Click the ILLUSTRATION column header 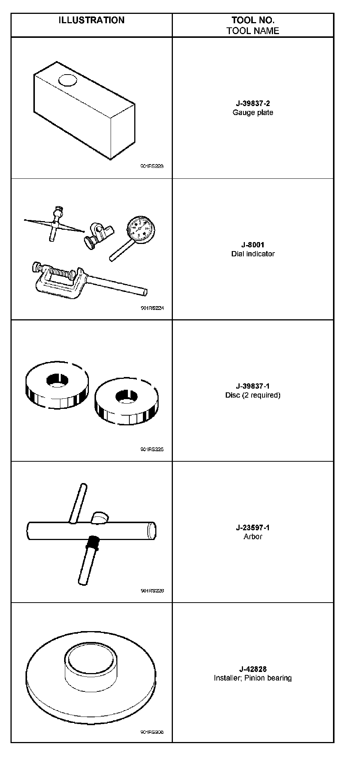coord(91,20)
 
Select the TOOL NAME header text coord(253,31)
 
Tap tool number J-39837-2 coord(253,103)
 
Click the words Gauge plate coord(253,112)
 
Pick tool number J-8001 coord(253,245)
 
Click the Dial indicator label coord(253,254)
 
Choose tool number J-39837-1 coord(253,386)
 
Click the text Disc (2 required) coord(253,395)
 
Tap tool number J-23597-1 coord(253,528)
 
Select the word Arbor coord(253,536)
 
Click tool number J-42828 coord(253,669)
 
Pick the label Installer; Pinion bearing coord(253,678)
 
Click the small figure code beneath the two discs coord(152,449)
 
